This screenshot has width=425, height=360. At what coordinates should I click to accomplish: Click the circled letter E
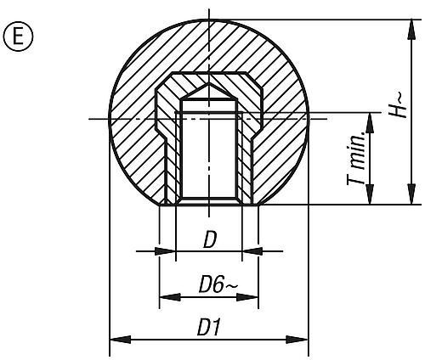pyautogui.click(x=15, y=39)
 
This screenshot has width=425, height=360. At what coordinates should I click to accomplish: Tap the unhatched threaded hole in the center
pyautogui.click(x=208, y=153)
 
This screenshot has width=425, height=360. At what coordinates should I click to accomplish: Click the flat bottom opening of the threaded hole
pyautogui.click(x=208, y=202)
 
